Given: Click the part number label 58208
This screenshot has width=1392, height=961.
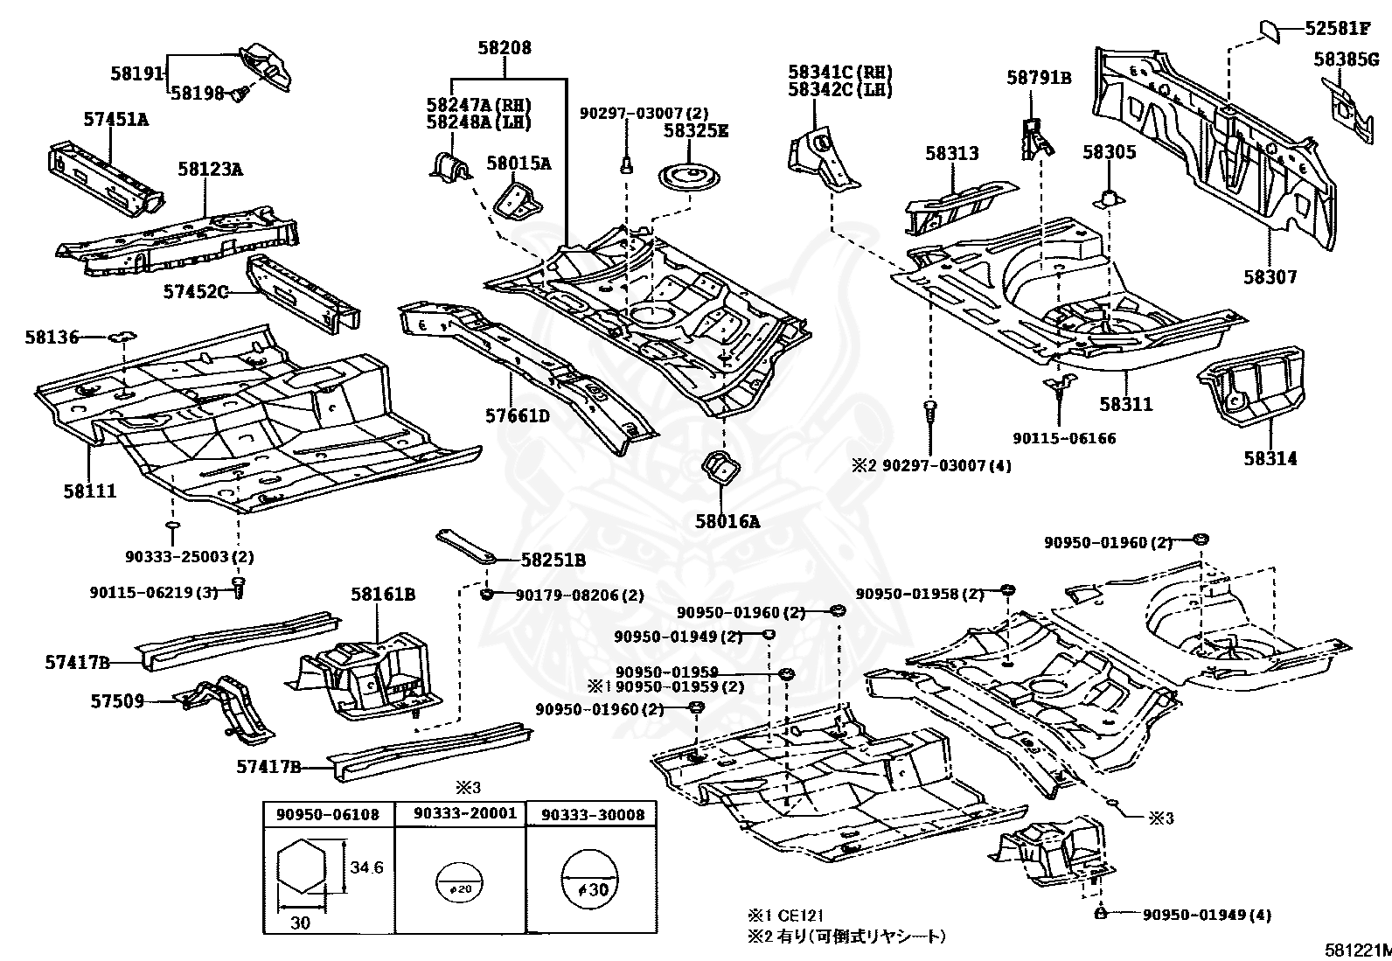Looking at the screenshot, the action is pyautogui.click(x=505, y=48).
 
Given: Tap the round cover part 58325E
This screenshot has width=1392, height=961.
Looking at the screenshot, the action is pyautogui.click(x=690, y=178).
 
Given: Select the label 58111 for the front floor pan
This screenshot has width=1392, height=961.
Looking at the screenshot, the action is pyautogui.click(x=90, y=491).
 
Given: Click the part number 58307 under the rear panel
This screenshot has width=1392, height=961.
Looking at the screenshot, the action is pyautogui.click(x=1270, y=276).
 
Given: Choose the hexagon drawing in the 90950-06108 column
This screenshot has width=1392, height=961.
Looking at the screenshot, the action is pyautogui.click(x=301, y=867).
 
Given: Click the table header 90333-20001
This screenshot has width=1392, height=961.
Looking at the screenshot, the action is pyautogui.click(x=465, y=813).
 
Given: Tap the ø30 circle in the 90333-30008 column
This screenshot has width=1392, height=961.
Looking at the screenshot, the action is pyautogui.click(x=589, y=881).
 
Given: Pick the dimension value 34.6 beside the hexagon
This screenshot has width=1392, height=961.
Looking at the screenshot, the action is pyautogui.click(x=366, y=867).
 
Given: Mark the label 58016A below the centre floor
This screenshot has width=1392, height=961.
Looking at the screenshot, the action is pyautogui.click(x=727, y=521).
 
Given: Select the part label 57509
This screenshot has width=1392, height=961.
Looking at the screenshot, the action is pyautogui.click(x=117, y=701).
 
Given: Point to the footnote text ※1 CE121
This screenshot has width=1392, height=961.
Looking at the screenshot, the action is pyautogui.click(x=785, y=915).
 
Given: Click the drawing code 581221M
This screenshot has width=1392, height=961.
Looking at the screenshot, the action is pyautogui.click(x=1359, y=951).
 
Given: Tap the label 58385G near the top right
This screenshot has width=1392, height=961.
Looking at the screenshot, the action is pyautogui.click(x=1346, y=59).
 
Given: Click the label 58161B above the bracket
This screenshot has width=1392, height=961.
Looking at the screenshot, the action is pyautogui.click(x=383, y=594).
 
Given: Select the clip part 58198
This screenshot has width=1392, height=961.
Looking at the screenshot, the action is pyautogui.click(x=240, y=94).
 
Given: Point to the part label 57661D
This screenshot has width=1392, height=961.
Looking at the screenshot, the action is pyautogui.click(x=518, y=415).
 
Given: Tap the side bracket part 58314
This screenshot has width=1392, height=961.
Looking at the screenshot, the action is pyautogui.click(x=1251, y=386).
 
